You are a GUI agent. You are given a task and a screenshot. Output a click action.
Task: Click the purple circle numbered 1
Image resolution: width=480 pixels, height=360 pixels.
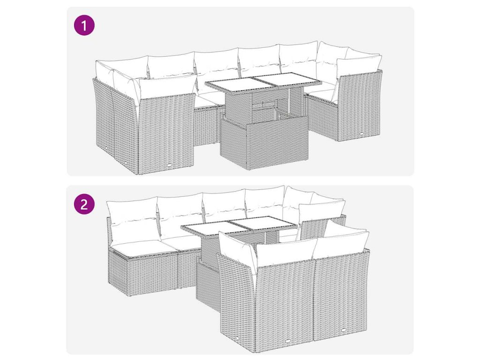[x=84, y=25]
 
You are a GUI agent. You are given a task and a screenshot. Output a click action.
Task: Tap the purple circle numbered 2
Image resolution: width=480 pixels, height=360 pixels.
[x=84, y=203]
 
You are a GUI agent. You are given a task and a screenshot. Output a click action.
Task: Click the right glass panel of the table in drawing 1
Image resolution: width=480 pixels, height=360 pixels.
[x=288, y=78]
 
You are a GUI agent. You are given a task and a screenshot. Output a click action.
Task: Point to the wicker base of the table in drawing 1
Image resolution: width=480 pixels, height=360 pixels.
[x=264, y=142]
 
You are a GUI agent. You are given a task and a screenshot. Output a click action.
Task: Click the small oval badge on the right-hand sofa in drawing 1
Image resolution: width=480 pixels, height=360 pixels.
[x=362, y=134]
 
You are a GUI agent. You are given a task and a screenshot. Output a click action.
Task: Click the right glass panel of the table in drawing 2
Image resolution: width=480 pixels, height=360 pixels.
[x=264, y=222]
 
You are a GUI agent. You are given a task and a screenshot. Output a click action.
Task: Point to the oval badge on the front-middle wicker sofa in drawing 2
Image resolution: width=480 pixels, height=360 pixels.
[x=288, y=332]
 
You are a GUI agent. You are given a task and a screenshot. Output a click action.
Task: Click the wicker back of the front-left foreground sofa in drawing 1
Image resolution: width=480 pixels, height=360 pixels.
[x=166, y=134]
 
